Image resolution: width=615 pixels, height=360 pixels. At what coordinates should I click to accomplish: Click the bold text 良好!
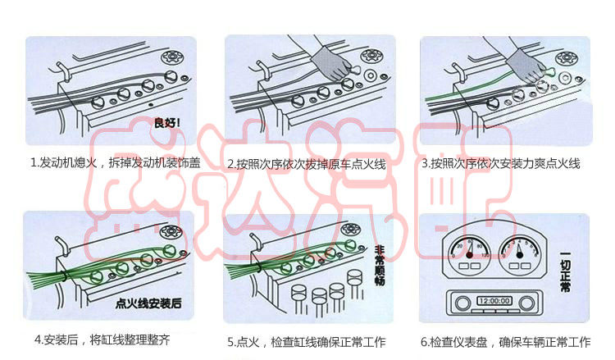point(167,124)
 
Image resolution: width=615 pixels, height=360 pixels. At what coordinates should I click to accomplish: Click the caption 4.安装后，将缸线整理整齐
point(102,339)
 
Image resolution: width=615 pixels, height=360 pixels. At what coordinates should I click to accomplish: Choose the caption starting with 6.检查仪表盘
point(505,341)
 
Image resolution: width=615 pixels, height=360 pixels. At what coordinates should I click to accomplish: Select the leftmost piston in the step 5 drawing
point(298,296)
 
